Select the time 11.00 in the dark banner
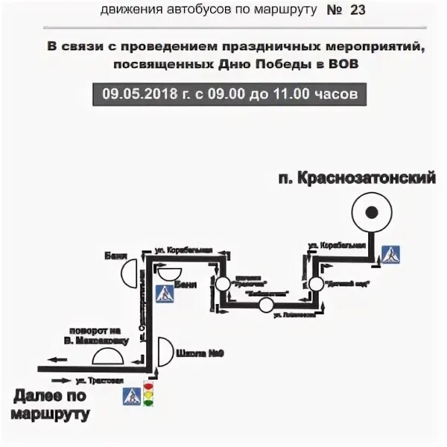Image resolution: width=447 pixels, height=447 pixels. pyautogui.click(x=298, y=95)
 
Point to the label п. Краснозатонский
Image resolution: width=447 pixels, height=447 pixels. pyautogui.click(x=356, y=179)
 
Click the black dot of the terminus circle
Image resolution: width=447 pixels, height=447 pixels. pyautogui.click(x=370, y=213)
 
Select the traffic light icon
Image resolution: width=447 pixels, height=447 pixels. pyautogui.click(x=148, y=394)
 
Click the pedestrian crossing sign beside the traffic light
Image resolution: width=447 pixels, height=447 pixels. pyautogui.click(x=131, y=396)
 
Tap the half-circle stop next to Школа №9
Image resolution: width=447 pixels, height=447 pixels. pyautogui.click(x=165, y=349)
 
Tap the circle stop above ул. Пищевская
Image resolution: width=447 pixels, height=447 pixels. pyautogui.click(x=265, y=305)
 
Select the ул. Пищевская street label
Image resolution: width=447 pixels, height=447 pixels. pyautogui.click(x=288, y=316)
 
